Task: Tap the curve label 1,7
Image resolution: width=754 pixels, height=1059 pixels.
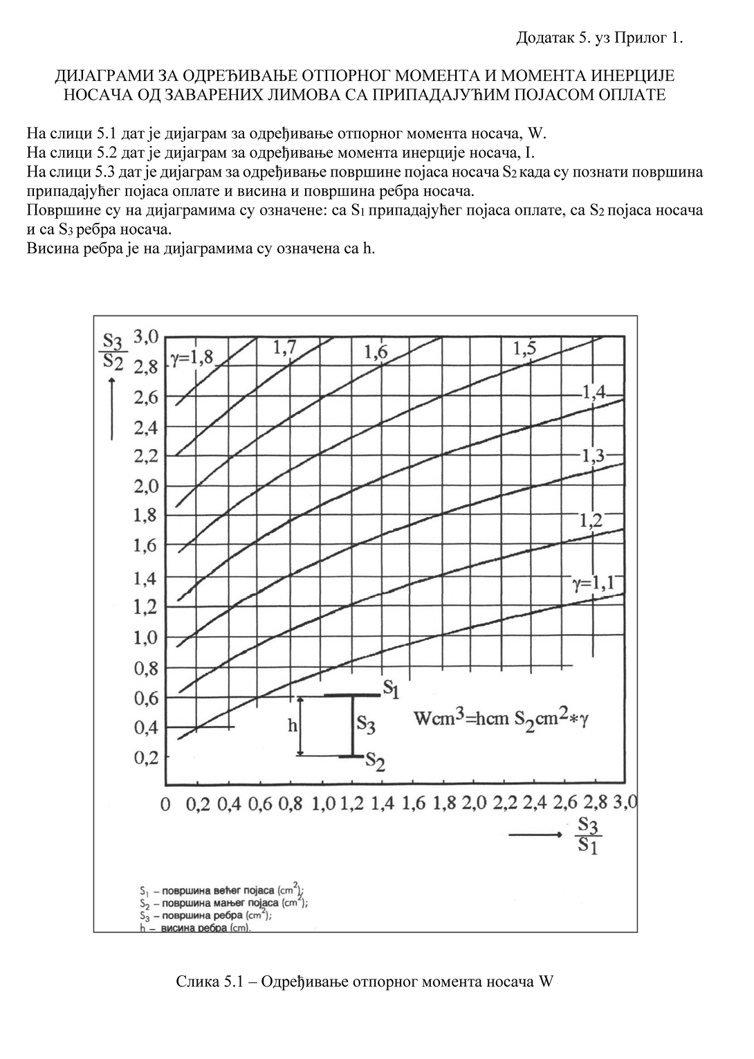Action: coord(284,349)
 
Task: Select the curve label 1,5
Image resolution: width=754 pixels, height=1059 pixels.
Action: coord(525,349)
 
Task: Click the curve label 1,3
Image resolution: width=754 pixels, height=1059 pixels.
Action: coord(593,455)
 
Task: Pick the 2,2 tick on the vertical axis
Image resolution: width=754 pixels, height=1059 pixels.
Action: coord(146,457)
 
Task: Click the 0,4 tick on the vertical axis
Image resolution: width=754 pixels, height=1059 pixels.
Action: coord(146,727)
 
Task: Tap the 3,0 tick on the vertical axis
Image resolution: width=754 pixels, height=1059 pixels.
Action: coord(146,337)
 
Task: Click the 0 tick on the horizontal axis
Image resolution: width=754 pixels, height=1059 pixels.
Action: coord(165,804)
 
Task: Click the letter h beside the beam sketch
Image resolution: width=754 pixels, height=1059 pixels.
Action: coord(292,725)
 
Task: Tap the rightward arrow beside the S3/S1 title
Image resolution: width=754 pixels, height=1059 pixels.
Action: coord(535,835)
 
